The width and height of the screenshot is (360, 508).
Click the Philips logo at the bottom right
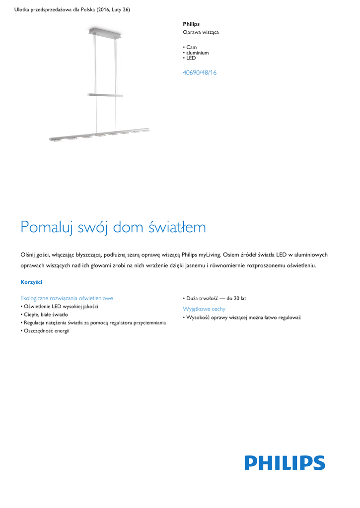click(285, 463)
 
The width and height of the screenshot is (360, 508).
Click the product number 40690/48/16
click(200, 72)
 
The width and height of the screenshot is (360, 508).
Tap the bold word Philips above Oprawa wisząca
click(191, 24)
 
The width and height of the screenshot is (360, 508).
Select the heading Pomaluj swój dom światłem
click(113, 227)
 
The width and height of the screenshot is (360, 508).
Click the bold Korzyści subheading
click(31, 282)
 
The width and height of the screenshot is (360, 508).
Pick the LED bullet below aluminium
click(191, 58)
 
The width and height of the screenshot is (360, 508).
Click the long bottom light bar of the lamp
click(99, 134)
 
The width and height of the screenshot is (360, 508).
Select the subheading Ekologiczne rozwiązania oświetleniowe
click(67, 298)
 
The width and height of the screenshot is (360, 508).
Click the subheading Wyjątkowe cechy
click(204, 309)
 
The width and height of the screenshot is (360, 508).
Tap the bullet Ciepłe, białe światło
click(46, 315)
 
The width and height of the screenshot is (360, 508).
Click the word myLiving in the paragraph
click(210, 254)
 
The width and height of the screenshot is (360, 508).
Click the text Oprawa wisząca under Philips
click(201, 32)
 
